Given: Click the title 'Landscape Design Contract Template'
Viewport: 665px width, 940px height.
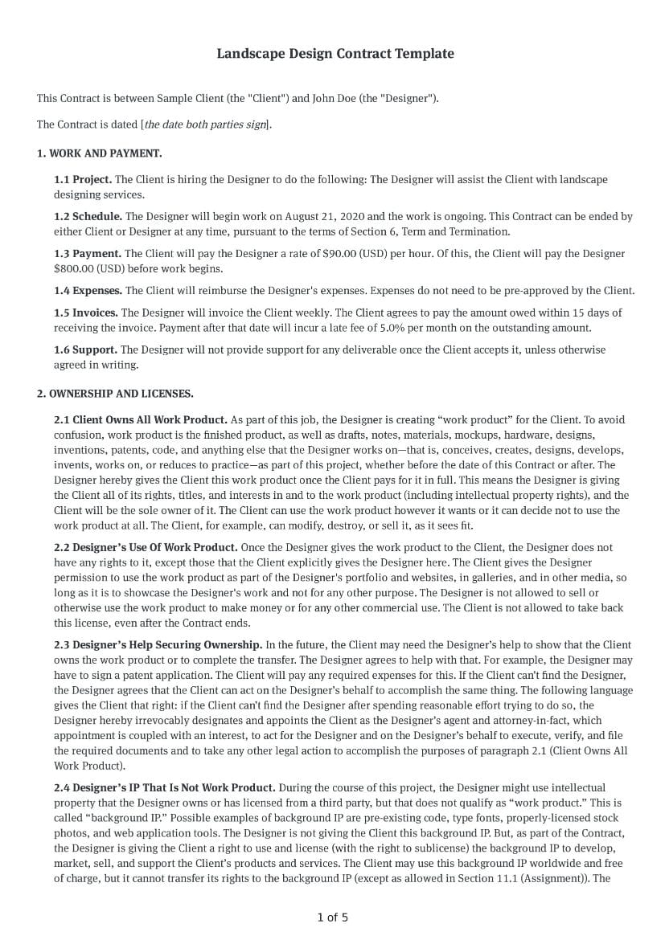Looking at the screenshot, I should (x=335, y=54).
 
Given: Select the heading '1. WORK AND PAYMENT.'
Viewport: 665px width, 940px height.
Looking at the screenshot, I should (x=99, y=153).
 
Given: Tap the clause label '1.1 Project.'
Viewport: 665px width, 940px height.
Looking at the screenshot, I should (x=83, y=179).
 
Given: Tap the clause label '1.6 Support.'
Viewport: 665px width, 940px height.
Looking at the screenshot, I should (x=86, y=349).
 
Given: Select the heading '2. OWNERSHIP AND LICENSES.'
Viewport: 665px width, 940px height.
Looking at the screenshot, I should (x=115, y=394).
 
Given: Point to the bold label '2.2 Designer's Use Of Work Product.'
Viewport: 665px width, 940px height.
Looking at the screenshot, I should (x=146, y=547).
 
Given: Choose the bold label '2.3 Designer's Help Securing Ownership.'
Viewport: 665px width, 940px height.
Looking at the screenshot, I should (x=158, y=644).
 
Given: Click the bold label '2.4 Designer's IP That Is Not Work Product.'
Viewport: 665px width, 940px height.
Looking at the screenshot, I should (x=165, y=787).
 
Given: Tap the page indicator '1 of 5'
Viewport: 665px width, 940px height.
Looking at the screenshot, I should (x=332, y=917).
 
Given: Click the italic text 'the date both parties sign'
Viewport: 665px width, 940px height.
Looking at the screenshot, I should (x=205, y=125).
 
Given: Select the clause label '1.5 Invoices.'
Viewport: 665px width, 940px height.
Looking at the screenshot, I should (x=86, y=313).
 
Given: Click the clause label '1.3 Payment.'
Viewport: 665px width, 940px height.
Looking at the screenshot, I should (x=88, y=253).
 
